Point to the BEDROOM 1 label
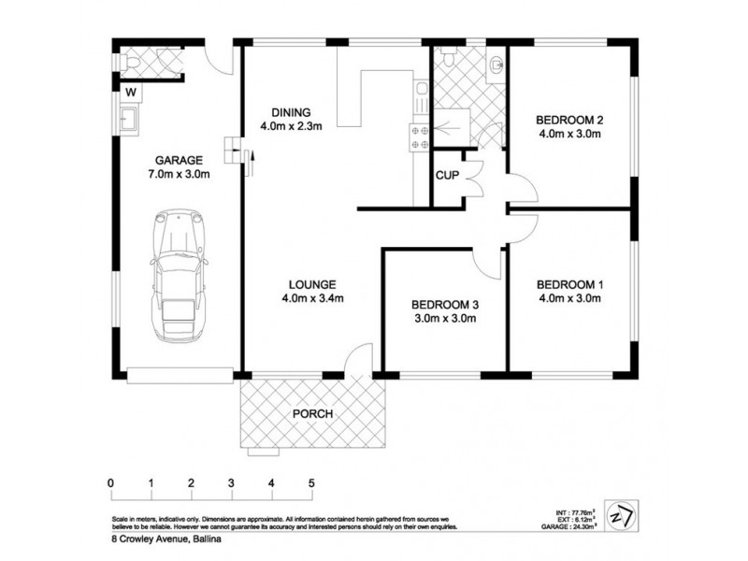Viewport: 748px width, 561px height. (x=568, y=284)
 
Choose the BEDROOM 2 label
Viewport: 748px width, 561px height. (x=568, y=120)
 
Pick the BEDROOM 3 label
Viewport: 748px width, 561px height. (x=446, y=304)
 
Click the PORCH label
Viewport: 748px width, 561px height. (x=312, y=413)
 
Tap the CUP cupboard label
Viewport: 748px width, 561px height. (x=446, y=174)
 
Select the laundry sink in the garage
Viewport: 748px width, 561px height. (x=129, y=119)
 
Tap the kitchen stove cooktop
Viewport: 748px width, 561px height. (x=418, y=137)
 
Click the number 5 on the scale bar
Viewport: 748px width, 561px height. (x=311, y=483)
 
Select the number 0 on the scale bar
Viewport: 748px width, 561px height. (x=111, y=483)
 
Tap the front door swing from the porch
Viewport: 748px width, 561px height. (x=356, y=359)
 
